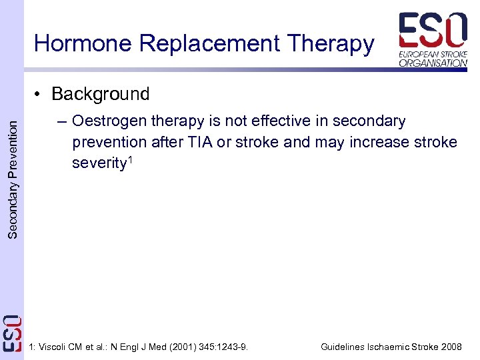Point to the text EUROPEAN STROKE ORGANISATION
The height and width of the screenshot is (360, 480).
(x=433, y=58)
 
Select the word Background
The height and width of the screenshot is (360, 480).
(x=100, y=94)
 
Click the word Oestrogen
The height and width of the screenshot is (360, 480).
(x=110, y=121)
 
